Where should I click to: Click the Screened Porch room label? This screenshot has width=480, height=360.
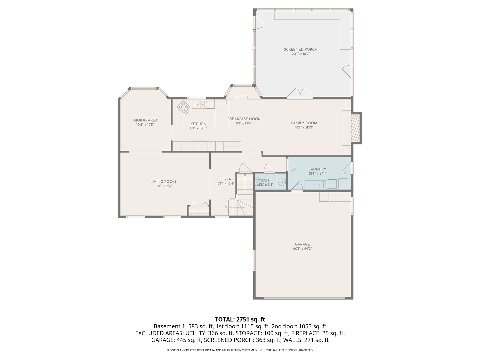[x=300, y=49]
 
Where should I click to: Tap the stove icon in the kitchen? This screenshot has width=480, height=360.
[x=183, y=107]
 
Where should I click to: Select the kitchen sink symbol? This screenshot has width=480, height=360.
[x=200, y=104]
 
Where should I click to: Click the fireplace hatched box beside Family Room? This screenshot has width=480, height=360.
[x=356, y=128]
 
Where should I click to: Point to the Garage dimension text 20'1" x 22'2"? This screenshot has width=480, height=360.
[x=302, y=249]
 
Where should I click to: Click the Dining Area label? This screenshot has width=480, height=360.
[x=145, y=120]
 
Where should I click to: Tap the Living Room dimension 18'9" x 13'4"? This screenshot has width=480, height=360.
[x=163, y=186]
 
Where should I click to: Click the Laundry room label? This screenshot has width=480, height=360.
[x=317, y=169]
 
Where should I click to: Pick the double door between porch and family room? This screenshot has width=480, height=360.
[x=300, y=93]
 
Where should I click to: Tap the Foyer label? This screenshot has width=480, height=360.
[x=225, y=179]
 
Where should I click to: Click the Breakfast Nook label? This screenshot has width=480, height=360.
[x=244, y=119]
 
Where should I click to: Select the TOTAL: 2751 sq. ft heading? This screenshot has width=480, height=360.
[x=240, y=320]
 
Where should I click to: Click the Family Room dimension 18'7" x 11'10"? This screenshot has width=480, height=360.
[x=304, y=127]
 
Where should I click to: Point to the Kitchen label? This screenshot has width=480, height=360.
[x=198, y=124]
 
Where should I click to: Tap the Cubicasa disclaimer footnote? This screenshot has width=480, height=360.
[x=240, y=350]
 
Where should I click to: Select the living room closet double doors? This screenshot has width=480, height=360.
[x=199, y=204]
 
